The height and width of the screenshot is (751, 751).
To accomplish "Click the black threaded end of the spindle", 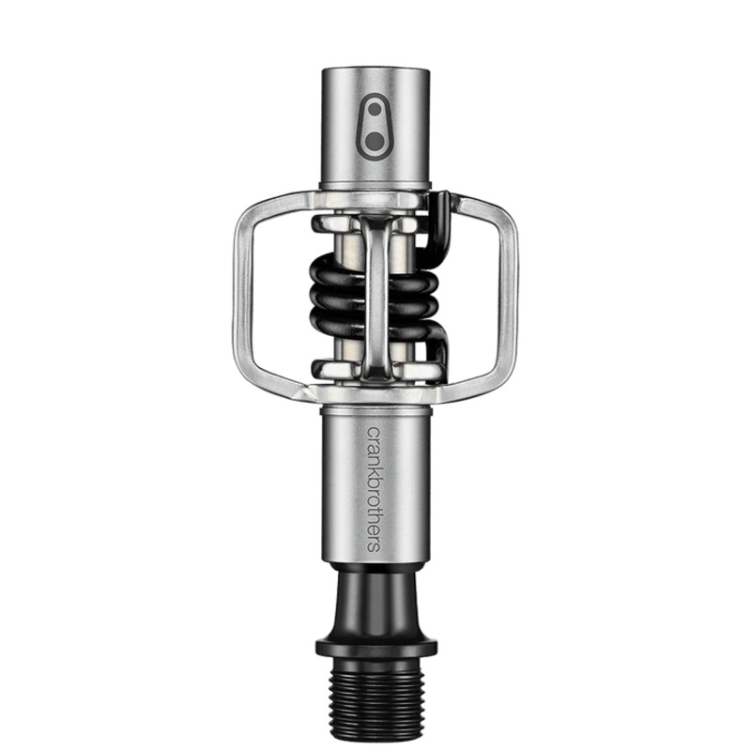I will pos(375,700).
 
